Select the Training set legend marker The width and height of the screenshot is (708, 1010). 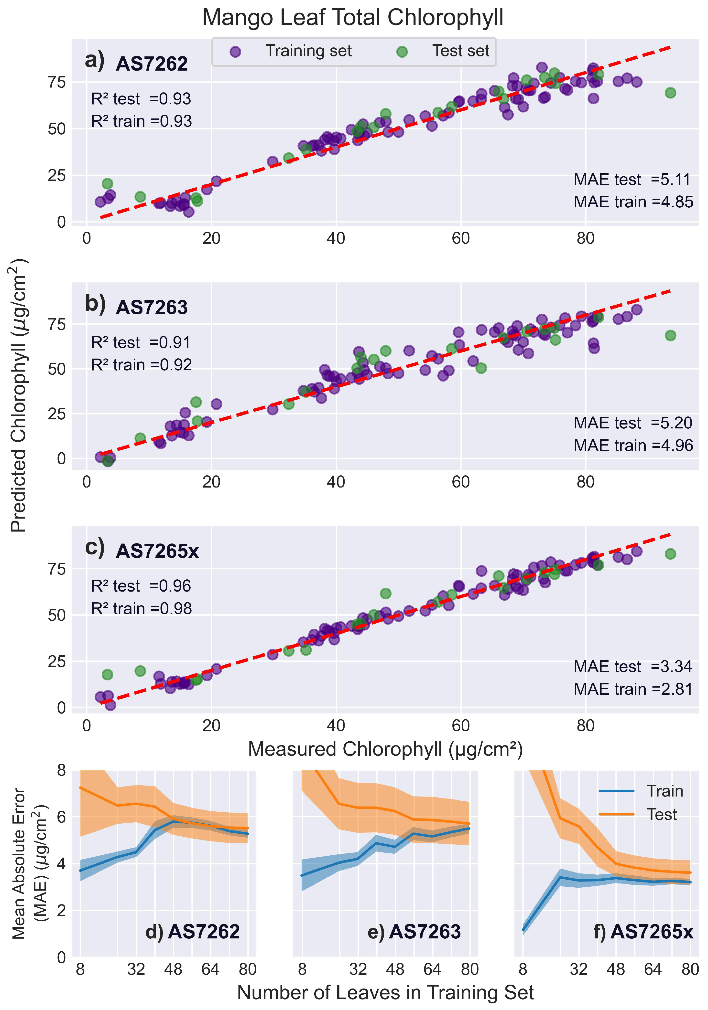(235, 52)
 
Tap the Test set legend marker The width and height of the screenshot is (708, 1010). (402, 52)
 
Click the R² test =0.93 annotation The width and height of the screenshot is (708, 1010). (141, 99)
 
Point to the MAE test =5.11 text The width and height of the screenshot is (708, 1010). (632, 180)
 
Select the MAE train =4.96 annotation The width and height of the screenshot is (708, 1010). (633, 446)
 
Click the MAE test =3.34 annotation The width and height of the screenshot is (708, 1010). (632, 666)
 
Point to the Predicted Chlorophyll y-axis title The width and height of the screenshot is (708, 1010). (19, 396)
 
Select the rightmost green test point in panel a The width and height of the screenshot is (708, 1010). (670, 93)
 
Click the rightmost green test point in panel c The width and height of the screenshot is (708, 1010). (670, 554)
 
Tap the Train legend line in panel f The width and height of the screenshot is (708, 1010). (616, 791)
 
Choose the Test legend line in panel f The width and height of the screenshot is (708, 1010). (616, 814)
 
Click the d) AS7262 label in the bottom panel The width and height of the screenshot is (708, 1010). (192, 932)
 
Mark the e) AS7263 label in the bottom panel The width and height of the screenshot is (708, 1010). (414, 932)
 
